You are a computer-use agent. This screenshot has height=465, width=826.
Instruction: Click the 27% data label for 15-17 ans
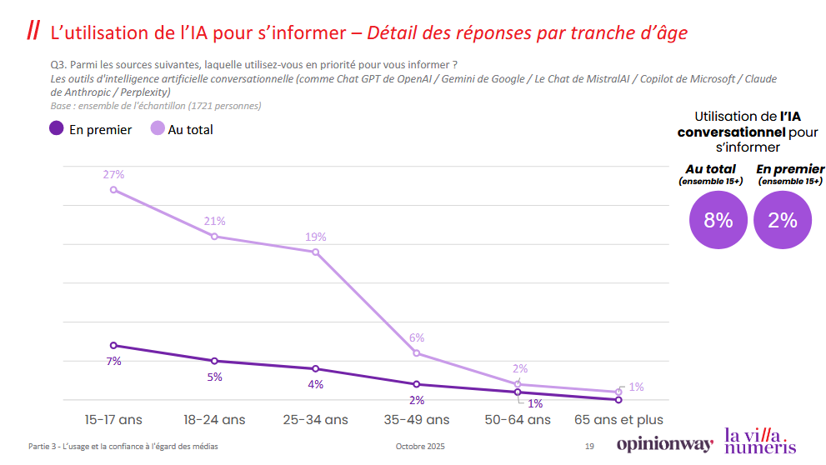(x=113, y=174)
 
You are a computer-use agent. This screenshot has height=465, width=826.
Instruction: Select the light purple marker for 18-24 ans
(x=214, y=237)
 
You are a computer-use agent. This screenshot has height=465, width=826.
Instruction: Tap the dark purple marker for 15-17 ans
(x=113, y=345)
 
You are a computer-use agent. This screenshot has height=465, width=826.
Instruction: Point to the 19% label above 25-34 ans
(x=315, y=237)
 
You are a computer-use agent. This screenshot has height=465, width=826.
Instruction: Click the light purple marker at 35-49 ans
(x=417, y=353)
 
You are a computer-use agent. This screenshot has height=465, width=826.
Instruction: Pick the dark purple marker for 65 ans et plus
(x=618, y=400)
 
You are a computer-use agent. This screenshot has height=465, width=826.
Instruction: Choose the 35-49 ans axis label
(x=417, y=419)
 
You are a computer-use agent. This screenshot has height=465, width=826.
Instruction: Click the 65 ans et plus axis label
(x=618, y=419)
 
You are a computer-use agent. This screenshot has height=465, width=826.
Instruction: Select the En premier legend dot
(x=56, y=128)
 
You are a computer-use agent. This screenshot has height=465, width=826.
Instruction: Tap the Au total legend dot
(x=157, y=128)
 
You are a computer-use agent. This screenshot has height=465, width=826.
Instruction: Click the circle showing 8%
(x=718, y=220)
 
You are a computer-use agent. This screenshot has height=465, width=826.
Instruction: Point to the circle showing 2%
(x=783, y=220)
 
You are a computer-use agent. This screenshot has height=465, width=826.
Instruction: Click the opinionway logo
(x=664, y=444)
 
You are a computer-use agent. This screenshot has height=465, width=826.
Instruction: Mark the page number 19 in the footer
(x=589, y=447)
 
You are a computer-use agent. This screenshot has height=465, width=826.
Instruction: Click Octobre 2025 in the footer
(x=420, y=447)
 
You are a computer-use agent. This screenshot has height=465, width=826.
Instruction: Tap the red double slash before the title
(x=33, y=31)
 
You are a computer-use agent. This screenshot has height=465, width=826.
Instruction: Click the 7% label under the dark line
(x=113, y=361)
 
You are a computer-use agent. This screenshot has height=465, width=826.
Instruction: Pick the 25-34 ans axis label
(x=315, y=419)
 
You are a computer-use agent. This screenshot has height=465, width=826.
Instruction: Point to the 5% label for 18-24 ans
(x=214, y=377)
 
